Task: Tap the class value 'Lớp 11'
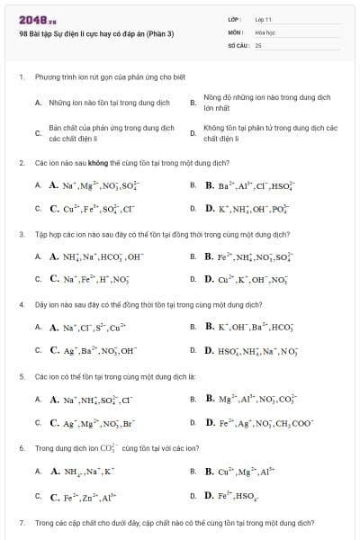[263, 19]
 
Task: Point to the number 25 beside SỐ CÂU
[257, 44]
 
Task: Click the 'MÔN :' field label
[236, 31]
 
